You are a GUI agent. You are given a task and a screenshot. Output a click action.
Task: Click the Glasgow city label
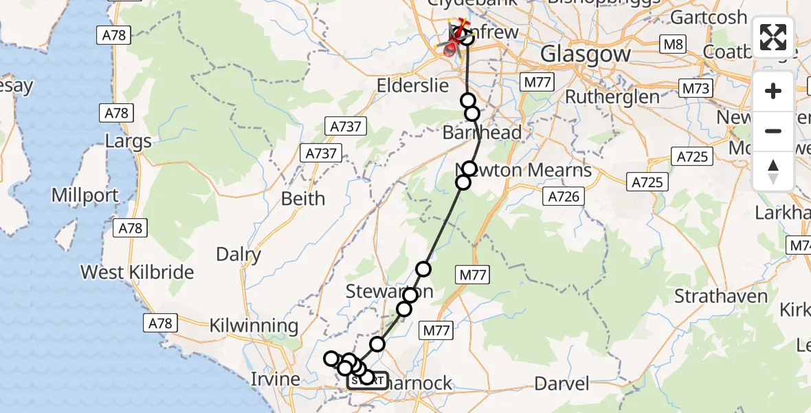coord(586,54)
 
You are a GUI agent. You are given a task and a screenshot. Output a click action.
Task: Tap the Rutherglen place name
coord(612,97)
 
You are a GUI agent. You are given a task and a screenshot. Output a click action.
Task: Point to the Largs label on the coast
coord(129,142)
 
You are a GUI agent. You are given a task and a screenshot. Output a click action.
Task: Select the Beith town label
coord(303,199)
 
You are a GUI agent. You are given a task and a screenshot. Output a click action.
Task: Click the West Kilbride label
coord(137,272)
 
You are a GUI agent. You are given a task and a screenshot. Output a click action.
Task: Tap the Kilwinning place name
coord(254,326)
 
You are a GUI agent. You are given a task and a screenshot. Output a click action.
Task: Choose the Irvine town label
coord(275,379)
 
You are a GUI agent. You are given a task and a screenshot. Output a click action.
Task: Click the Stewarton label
coord(389,292)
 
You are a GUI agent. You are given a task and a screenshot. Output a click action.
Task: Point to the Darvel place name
coord(562,383)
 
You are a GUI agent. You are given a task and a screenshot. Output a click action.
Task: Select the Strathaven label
coord(721,297)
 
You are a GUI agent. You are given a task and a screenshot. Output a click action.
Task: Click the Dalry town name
coord(238,255)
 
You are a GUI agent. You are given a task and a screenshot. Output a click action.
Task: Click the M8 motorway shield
coord(671,45)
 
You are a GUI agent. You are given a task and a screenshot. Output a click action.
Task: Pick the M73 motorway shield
coord(696,88)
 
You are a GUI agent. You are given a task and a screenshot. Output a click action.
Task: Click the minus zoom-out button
coord(773,131)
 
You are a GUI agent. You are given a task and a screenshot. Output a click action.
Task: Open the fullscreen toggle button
coord(773,37)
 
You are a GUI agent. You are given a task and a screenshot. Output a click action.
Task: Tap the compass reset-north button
coord(773,171)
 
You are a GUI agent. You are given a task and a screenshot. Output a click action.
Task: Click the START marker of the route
coord(367,380)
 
